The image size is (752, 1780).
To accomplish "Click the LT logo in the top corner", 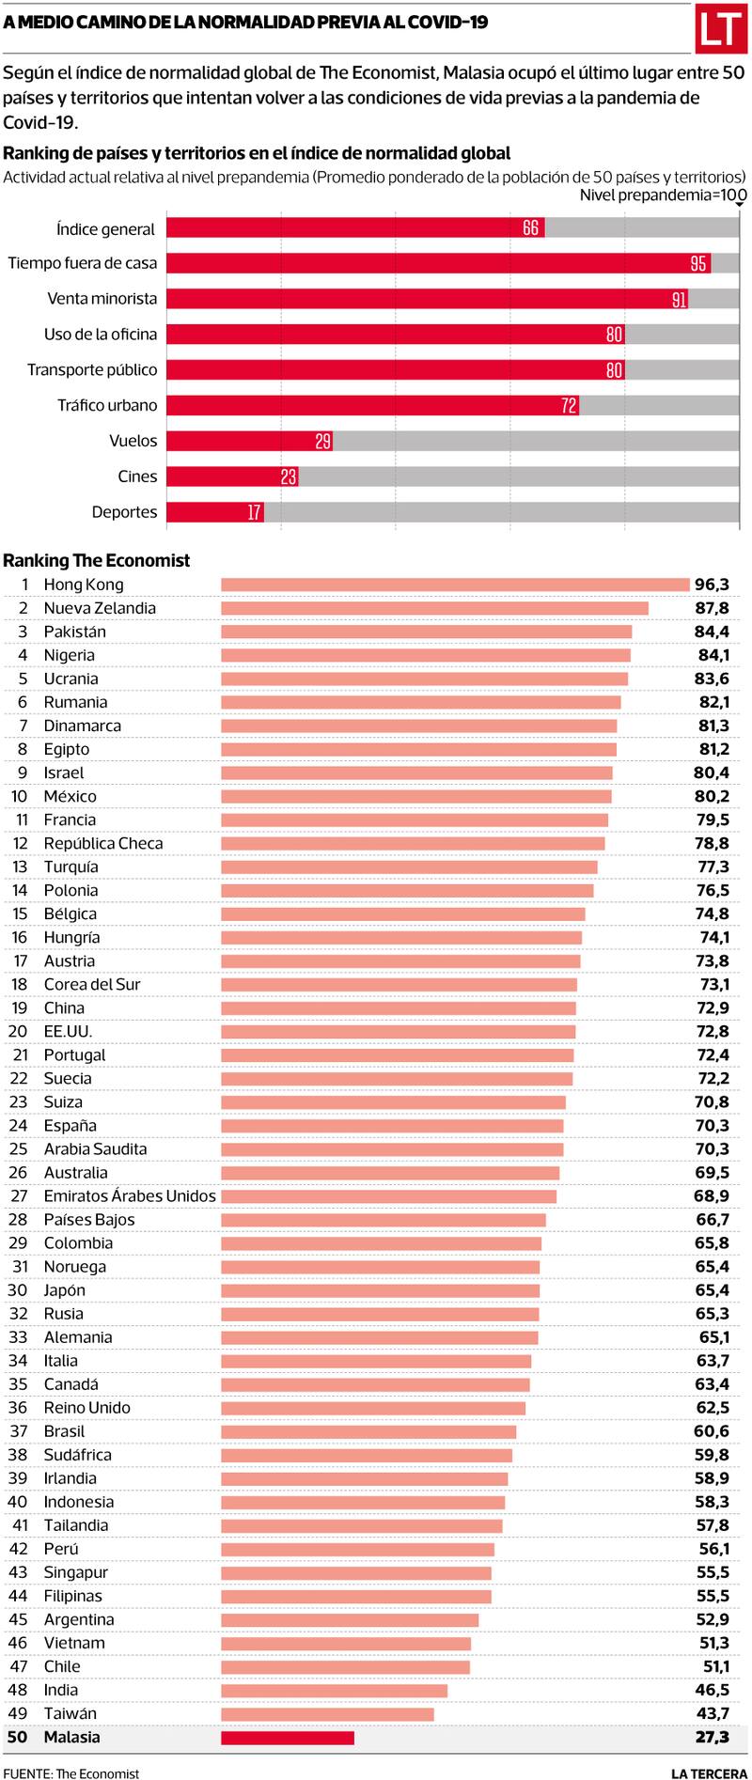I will (720, 30).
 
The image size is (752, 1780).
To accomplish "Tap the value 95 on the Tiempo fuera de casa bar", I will (698, 263).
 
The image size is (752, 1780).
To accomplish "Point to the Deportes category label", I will (124, 512).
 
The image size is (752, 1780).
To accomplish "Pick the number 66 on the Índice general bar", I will (531, 228).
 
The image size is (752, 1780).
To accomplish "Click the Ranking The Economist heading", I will (97, 560).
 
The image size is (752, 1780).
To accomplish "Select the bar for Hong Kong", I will (455, 585).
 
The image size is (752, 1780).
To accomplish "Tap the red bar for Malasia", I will (288, 1738).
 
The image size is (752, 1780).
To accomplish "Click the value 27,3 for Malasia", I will (712, 1738).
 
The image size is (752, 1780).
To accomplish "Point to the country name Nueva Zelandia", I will (100, 608).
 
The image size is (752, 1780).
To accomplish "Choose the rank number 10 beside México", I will (20, 796).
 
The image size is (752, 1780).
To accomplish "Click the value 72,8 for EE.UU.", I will (713, 1032).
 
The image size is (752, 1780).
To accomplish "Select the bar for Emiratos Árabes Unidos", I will (388, 1196).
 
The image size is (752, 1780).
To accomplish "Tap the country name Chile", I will (62, 1666).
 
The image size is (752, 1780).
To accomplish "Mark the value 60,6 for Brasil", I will (712, 1431).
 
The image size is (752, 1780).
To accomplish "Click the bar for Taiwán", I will (327, 1713).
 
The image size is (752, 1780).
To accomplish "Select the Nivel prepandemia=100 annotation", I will (662, 195).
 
